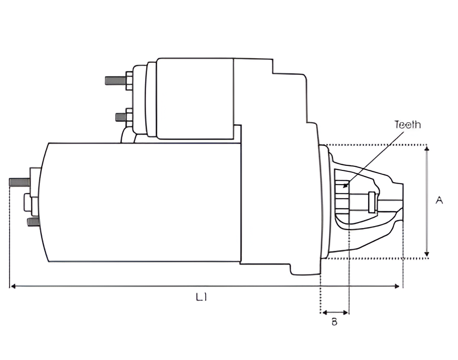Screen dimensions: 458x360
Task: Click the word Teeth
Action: tap(407, 125)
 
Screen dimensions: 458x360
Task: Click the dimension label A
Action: tap(439, 200)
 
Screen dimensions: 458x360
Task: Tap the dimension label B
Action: tap(335, 322)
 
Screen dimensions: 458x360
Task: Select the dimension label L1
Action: tap(201, 297)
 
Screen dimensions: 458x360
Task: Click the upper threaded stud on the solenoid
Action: tap(116, 80)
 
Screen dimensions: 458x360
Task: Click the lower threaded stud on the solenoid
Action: tap(121, 117)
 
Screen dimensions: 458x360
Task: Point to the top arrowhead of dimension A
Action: tap(427, 149)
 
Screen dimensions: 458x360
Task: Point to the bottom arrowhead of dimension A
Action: tap(427, 254)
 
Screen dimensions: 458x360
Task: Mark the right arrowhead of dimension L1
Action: tap(397, 286)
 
